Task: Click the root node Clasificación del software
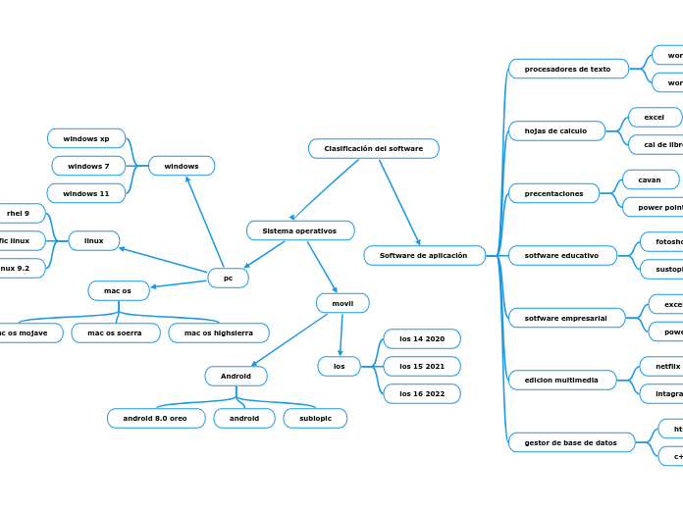[x=373, y=149]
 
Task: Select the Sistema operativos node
[x=300, y=230]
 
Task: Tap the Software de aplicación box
[x=424, y=256]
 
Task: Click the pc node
[x=228, y=279]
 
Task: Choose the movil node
[x=342, y=303]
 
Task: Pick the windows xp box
[x=86, y=138]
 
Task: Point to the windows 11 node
[x=86, y=193]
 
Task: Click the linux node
[x=94, y=240]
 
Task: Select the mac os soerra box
[x=115, y=333]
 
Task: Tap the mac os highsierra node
[x=219, y=333]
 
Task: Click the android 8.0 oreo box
[x=156, y=419]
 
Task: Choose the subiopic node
[x=315, y=419]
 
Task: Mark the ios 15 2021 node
[x=422, y=367]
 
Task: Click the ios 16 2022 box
[x=422, y=394]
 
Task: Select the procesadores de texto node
[x=568, y=69]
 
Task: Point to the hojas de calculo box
[x=556, y=130]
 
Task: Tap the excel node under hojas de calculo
[x=655, y=118]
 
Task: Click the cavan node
[x=650, y=179]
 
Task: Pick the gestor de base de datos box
[x=571, y=442]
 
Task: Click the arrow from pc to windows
[x=204, y=221]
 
